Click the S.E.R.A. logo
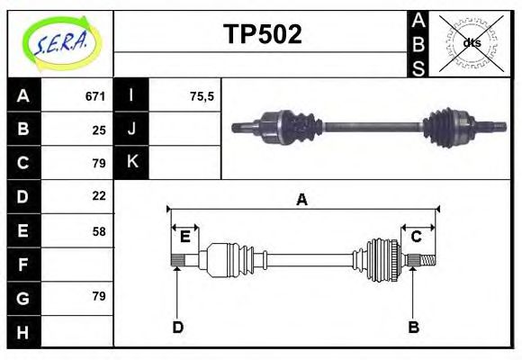(60, 42)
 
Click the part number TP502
(262, 35)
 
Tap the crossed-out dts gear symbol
(471, 42)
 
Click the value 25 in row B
(99, 130)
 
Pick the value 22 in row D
(99, 195)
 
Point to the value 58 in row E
(99, 231)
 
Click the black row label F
(22, 265)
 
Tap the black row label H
(22, 332)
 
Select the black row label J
(132, 129)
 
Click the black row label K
(132, 162)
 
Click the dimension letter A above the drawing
(302, 200)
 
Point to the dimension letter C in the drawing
(417, 237)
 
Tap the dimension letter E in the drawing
(184, 237)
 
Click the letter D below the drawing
(177, 327)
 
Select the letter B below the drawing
(413, 327)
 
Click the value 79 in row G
(99, 296)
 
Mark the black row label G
(22, 297)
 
